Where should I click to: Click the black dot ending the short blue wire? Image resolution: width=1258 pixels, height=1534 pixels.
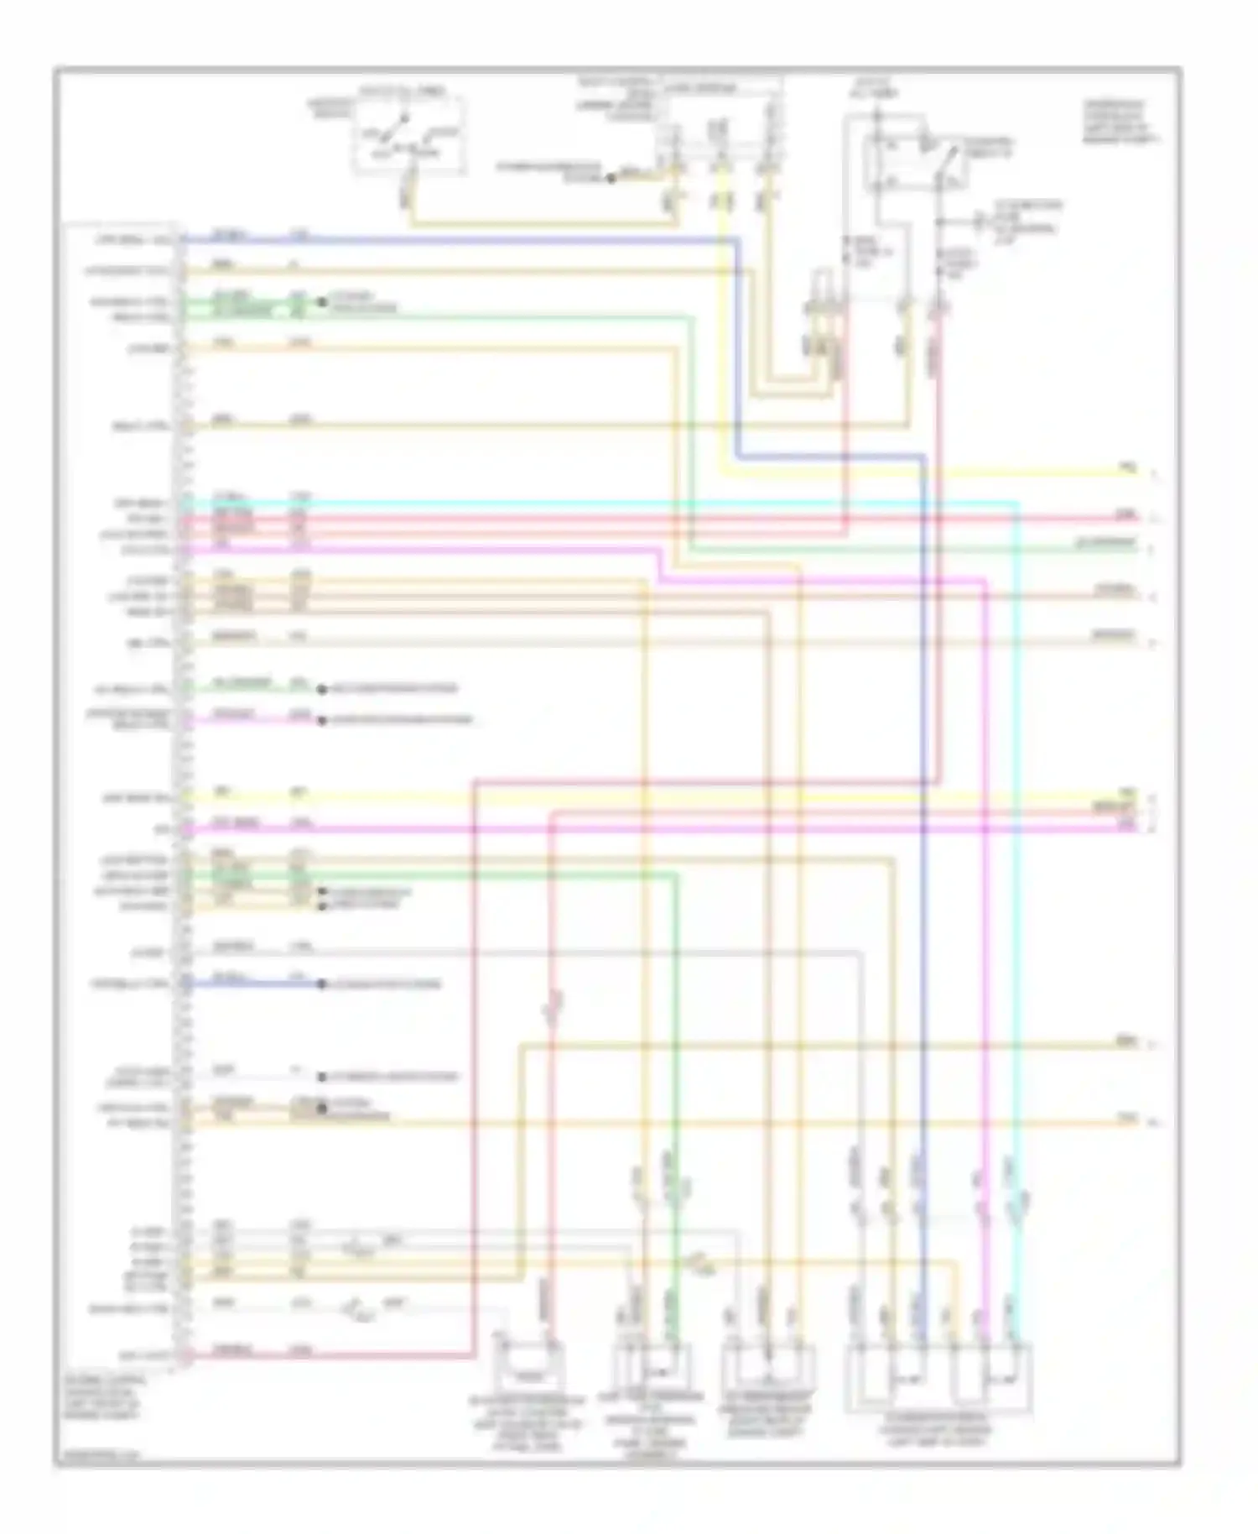pos(321,984)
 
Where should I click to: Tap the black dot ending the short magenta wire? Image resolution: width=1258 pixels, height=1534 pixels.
pos(321,720)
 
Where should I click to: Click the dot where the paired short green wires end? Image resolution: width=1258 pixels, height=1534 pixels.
pos(321,302)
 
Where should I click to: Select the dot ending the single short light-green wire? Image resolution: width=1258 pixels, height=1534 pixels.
pos(321,690)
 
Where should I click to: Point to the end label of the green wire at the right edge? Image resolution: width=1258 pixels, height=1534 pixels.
pos(1106,544)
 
